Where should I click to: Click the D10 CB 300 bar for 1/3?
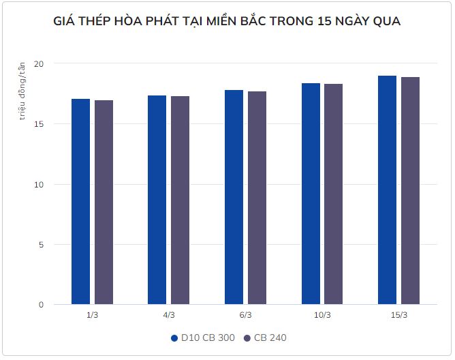click(80, 202)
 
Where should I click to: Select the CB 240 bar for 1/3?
click(104, 202)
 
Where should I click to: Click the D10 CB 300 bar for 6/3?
click(234, 197)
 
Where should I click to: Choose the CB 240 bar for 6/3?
click(257, 198)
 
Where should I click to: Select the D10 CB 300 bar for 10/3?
click(311, 194)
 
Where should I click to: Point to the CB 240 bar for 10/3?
click(333, 194)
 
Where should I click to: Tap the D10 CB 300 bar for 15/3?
click(387, 190)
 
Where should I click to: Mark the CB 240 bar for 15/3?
click(410, 191)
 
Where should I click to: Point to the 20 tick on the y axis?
click(39, 63)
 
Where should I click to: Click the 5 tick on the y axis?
click(41, 245)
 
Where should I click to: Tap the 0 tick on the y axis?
click(41, 305)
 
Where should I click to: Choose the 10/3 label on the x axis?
click(322, 315)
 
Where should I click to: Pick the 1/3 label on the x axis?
click(92, 315)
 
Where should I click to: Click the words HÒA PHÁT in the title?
click(151, 21)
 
